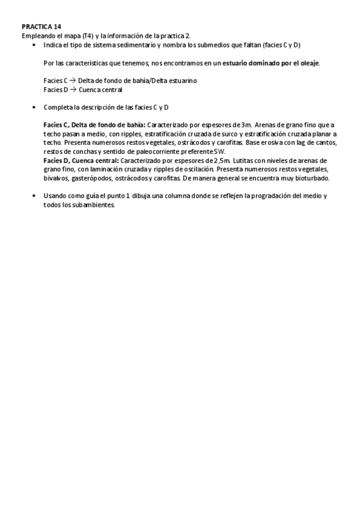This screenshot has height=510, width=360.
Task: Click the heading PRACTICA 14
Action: coord(41,27)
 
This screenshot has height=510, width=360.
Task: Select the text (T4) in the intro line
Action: coord(88,36)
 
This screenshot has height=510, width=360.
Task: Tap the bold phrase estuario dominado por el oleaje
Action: coord(272,63)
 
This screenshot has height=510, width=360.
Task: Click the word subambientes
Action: coord(94,204)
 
